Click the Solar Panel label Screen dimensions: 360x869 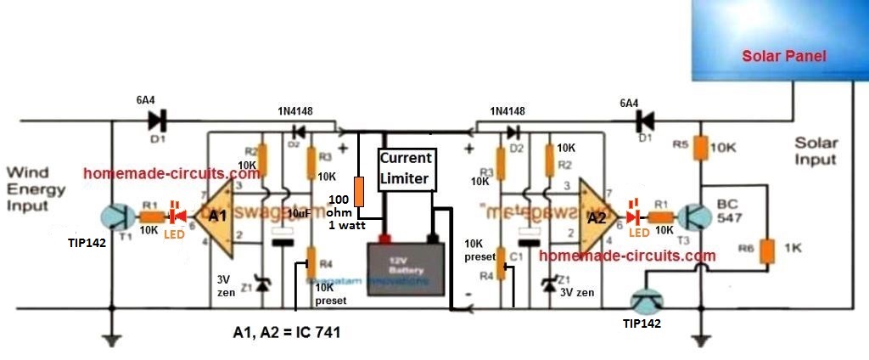(783, 57)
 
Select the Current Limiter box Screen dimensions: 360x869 (406, 169)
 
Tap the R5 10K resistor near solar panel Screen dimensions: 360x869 (701, 148)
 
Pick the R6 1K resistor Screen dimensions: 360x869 (767, 250)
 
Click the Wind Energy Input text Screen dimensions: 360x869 (36, 194)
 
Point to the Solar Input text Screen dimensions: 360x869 (816, 151)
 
